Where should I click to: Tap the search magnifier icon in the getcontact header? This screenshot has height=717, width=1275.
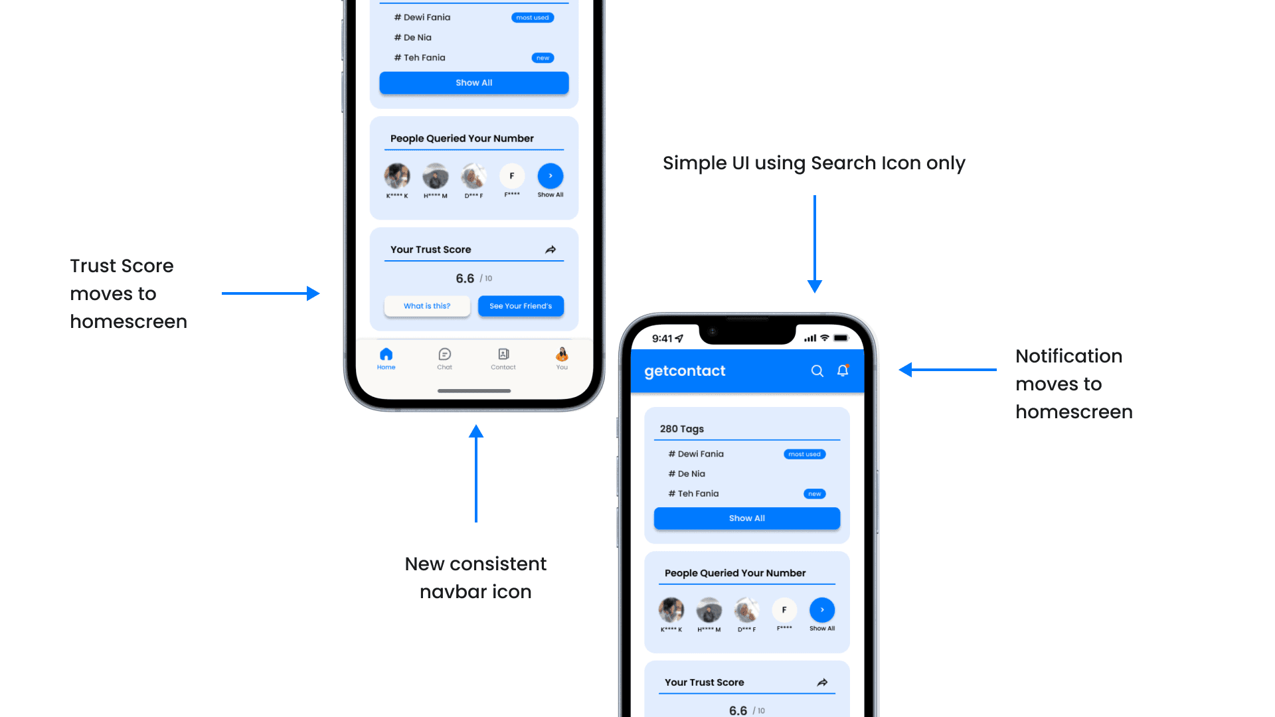(x=817, y=371)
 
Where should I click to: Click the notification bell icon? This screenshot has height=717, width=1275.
(x=843, y=370)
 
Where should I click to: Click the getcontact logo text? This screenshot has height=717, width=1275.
(x=685, y=371)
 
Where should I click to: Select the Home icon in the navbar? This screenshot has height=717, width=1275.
(x=386, y=355)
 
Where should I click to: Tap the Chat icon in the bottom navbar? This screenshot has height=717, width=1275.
(x=444, y=355)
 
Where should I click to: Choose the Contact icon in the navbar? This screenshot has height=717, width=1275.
(x=503, y=355)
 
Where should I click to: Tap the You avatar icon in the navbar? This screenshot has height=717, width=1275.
(x=562, y=355)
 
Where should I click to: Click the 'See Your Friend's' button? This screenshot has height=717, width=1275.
(x=521, y=306)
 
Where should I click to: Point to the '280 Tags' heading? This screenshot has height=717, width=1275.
(x=681, y=429)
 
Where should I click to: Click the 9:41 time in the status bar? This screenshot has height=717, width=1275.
(x=662, y=339)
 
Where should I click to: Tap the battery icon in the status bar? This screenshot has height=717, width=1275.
(x=841, y=338)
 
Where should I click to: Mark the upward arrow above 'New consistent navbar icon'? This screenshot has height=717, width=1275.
(x=476, y=473)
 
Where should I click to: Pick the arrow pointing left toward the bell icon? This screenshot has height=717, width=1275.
(x=947, y=370)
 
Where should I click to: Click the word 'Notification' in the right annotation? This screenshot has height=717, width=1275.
(x=1068, y=356)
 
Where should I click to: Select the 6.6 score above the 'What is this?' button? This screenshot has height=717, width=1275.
(x=465, y=279)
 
